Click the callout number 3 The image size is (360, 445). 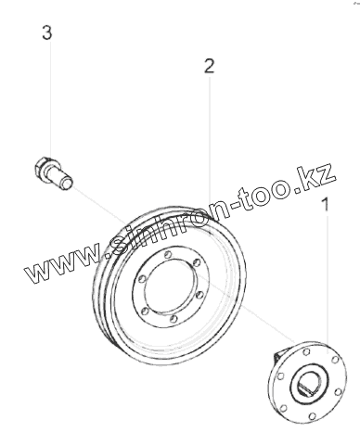[x=47, y=33]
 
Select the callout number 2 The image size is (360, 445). [x=209, y=66]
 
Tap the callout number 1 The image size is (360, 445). [x=326, y=204]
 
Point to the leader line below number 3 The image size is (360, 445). [x=51, y=100]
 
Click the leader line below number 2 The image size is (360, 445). [x=210, y=156]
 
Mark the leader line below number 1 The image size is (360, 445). [x=328, y=285]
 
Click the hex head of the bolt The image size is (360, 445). [x=41, y=167]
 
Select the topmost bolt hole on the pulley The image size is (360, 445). [x=168, y=255]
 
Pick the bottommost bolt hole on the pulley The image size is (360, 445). [x=174, y=319]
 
